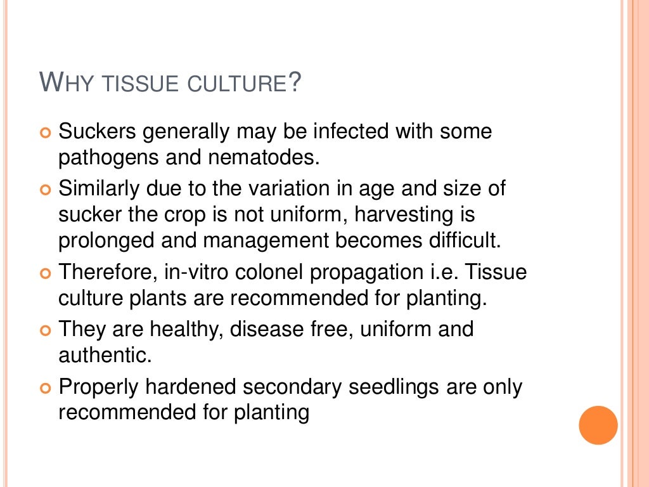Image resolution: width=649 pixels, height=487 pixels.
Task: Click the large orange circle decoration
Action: click(598, 425)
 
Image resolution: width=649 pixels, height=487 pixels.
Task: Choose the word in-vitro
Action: click(193, 273)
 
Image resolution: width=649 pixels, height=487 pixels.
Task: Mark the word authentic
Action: click(105, 355)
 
